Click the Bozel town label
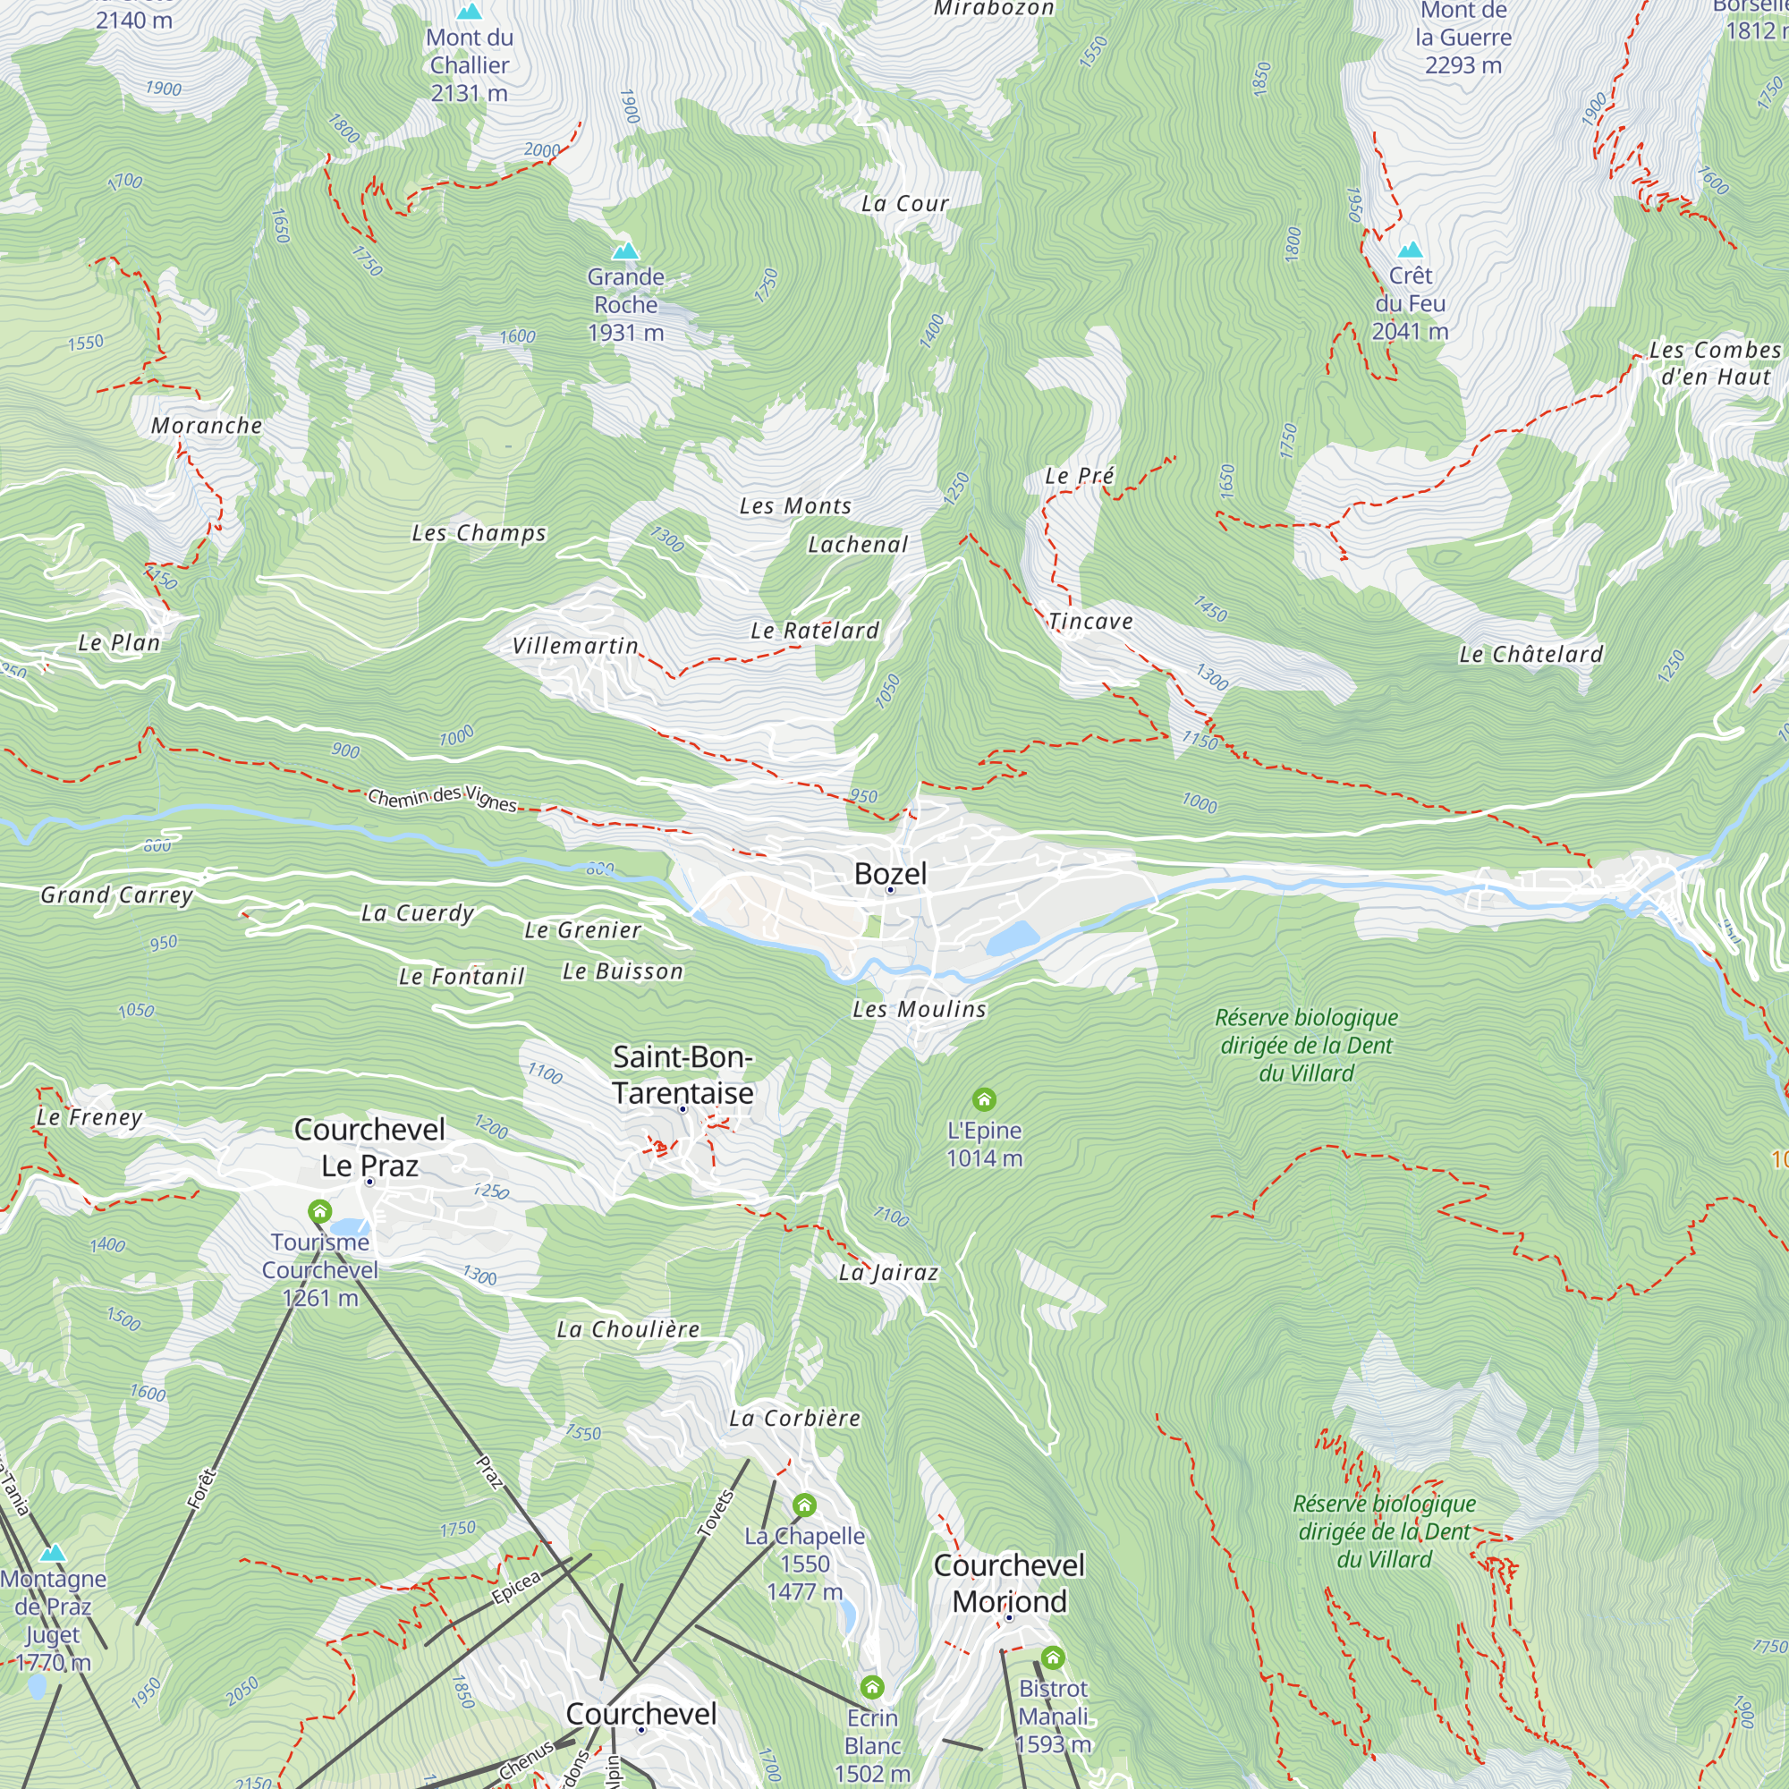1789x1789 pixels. (x=889, y=873)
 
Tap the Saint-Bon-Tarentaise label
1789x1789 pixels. (x=683, y=1075)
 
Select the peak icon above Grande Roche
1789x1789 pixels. (x=626, y=251)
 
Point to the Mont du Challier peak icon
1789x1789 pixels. (x=470, y=12)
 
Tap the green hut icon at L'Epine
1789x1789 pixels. (x=983, y=1099)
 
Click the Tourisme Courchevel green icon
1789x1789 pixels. (x=319, y=1211)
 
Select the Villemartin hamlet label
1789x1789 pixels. (x=575, y=646)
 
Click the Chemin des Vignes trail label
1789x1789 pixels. (x=442, y=797)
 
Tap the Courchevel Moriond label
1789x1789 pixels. (x=1008, y=1582)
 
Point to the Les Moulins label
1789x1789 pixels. (x=919, y=1009)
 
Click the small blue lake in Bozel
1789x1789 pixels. (x=1011, y=938)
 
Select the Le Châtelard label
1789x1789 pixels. (x=1530, y=654)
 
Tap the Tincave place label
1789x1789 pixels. (x=1090, y=622)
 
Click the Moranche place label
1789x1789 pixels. (x=207, y=426)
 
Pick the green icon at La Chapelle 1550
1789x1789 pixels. (x=804, y=1505)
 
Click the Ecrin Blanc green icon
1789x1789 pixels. (x=871, y=1686)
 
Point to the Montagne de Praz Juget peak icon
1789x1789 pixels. (x=53, y=1553)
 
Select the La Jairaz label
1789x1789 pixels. (x=888, y=1272)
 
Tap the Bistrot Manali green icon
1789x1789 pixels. (x=1052, y=1657)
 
